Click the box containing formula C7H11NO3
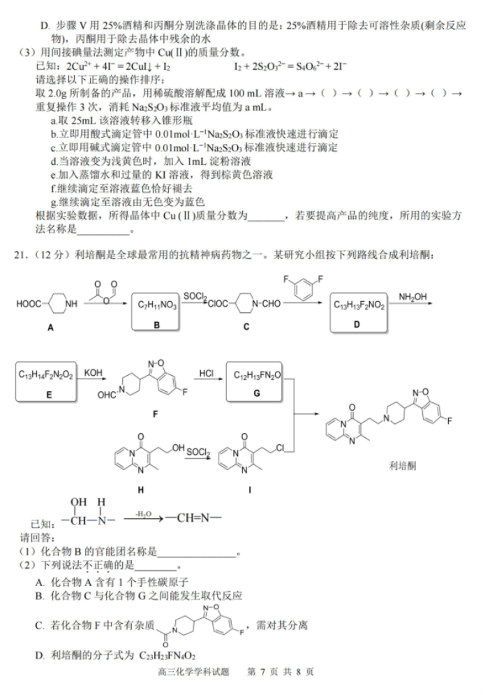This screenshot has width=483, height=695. tap(156, 312)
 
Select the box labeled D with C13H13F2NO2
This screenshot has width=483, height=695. tap(358, 312)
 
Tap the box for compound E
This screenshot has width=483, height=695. tap(46, 382)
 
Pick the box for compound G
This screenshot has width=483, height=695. tap(254, 381)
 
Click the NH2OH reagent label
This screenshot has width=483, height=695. tap(413, 297)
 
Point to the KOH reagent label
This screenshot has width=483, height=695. tap(93, 373)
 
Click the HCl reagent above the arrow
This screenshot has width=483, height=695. tap(207, 373)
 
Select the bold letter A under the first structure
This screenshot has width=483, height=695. tap(50, 328)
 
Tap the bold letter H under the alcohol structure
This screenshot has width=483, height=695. tap(141, 490)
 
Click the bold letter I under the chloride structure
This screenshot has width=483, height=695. tap(250, 490)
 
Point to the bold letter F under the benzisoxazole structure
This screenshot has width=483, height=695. tap(155, 414)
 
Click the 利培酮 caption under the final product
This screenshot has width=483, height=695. tap(403, 466)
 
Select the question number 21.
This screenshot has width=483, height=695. tap(20, 255)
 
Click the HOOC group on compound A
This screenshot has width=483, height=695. tap(29, 304)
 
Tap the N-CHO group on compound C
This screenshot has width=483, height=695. tap(267, 304)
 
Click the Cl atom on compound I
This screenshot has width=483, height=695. tap(280, 448)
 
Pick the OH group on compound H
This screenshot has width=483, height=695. tap(179, 448)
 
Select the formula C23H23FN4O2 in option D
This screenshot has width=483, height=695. tap(167, 656)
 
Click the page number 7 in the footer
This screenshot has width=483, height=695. tap(262, 672)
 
